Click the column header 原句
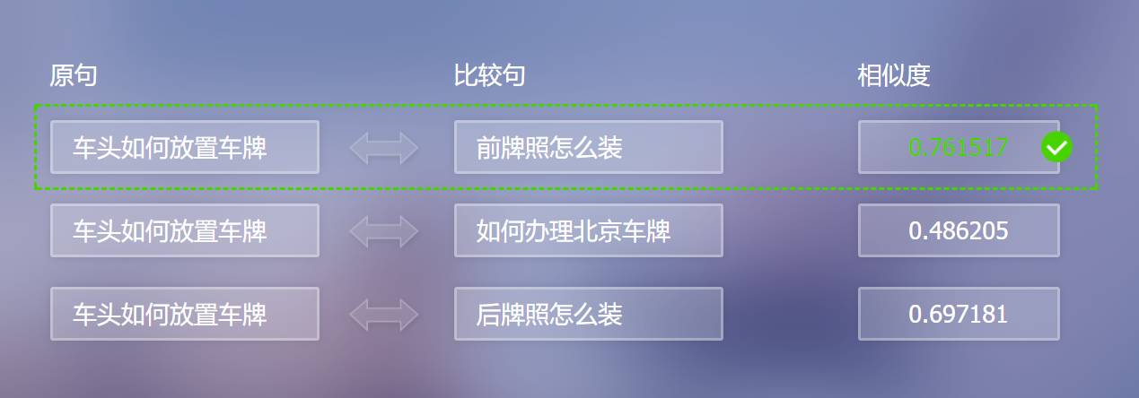(x=73, y=76)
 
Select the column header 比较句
(x=489, y=76)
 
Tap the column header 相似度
(x=893, y=76)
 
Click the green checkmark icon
(x=1056, y=147)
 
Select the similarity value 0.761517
(x=958, y=147)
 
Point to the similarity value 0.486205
(x=958, y=231)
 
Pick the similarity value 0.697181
(x=958, y=315)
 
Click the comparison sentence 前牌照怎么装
(x=549, y=147)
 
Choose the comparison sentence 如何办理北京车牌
(x=574, y=231)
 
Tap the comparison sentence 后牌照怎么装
(x=549, y=315)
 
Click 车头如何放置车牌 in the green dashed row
(x=170, y=147)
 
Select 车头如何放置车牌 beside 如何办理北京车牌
(x=170, y=231)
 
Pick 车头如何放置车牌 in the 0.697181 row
(x=170, y=315)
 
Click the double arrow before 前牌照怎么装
(x=384, y=148)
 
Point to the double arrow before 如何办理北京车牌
(x=384, y=231)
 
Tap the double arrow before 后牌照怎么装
(x=384, y=315)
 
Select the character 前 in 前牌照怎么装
(x=488, y=147)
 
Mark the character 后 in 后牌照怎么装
(x=488, y=315)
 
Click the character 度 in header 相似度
(x=917, y=76)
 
